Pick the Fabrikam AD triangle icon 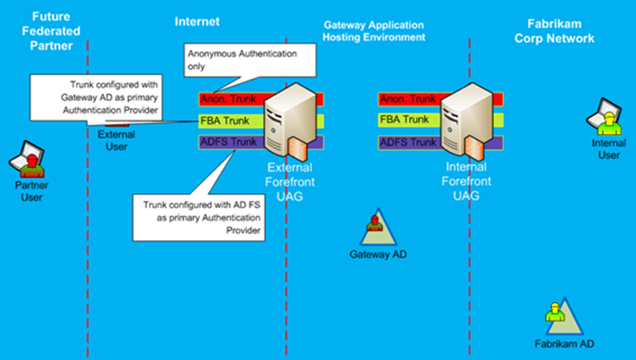(556, 319)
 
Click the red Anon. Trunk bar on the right (408, 100)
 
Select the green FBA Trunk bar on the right (408, 121)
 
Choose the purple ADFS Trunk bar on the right (408, 142)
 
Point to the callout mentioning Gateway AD (94, 97)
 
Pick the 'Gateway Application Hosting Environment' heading (374, 31)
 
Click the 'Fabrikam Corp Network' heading (560, 31)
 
